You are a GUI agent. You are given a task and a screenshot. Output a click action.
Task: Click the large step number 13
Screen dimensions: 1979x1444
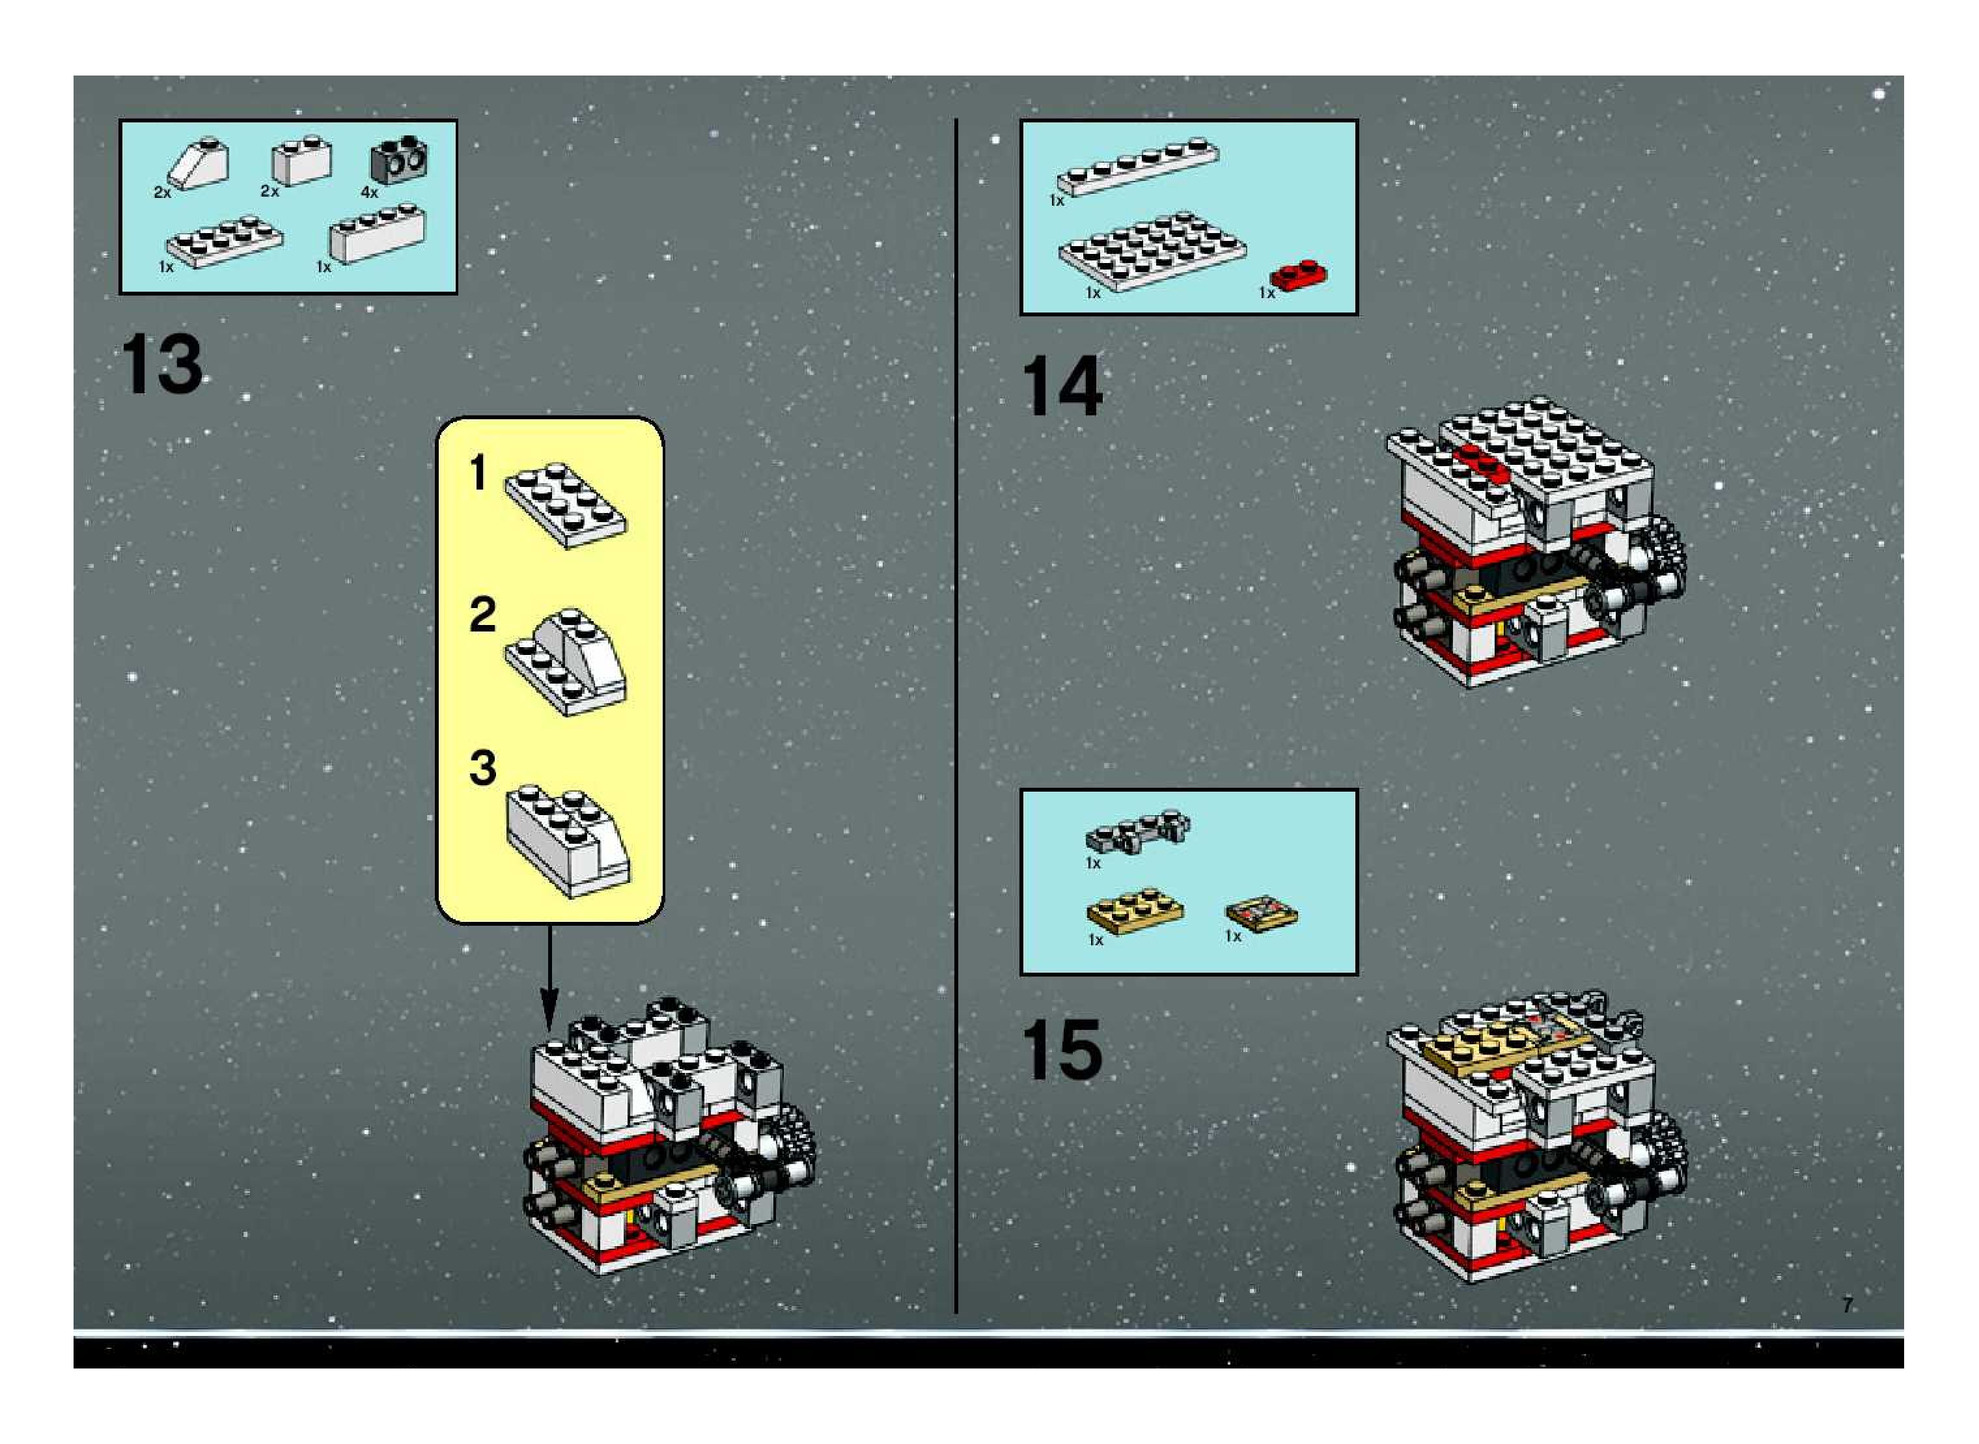point(161,365)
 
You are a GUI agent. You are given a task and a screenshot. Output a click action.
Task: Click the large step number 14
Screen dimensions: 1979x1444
point(1061,386)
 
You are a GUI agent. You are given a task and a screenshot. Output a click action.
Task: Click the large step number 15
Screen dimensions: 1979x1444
point(1061,1049)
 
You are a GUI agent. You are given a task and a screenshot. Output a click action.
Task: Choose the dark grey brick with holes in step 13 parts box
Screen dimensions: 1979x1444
point(400,158)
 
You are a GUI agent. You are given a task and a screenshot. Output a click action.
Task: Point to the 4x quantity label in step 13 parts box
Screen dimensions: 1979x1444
point(370,192)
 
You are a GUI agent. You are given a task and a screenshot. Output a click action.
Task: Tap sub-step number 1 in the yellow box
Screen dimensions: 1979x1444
point(477,473)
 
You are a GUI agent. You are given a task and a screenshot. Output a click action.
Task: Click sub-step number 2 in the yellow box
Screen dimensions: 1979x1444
point(482,615)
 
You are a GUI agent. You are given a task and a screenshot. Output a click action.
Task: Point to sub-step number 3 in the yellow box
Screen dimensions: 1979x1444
point(482,768)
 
